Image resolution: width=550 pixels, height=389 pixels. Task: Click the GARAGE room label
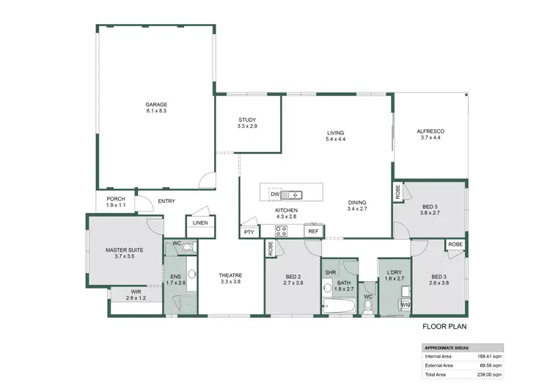click(x=156, y=105)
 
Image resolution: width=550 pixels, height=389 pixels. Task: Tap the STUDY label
click(x=246, y=120)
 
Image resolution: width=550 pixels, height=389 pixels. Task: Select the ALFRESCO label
click(x=432, y=131)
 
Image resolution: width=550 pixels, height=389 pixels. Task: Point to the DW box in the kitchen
click(x=274, y=194)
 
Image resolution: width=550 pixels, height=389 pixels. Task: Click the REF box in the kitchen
click(x=313, y=231)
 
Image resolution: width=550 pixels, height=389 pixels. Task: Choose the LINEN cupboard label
click(x=199, y=223)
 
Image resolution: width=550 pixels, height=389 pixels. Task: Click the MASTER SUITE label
click(x=124, y=250)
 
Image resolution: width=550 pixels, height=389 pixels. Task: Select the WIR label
click(x=136, y=292)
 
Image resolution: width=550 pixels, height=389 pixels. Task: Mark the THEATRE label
click(x=230, y=276)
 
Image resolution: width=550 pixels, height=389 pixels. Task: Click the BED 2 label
click(x=293, y=276)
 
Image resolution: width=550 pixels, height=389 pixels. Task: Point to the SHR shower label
click(x=330, y=272)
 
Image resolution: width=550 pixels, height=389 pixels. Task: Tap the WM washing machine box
click(x=405, y=304)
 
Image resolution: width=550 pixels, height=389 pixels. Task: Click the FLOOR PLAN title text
click(x=444, y=328)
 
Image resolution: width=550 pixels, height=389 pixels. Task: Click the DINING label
click(x=357, y=203)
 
